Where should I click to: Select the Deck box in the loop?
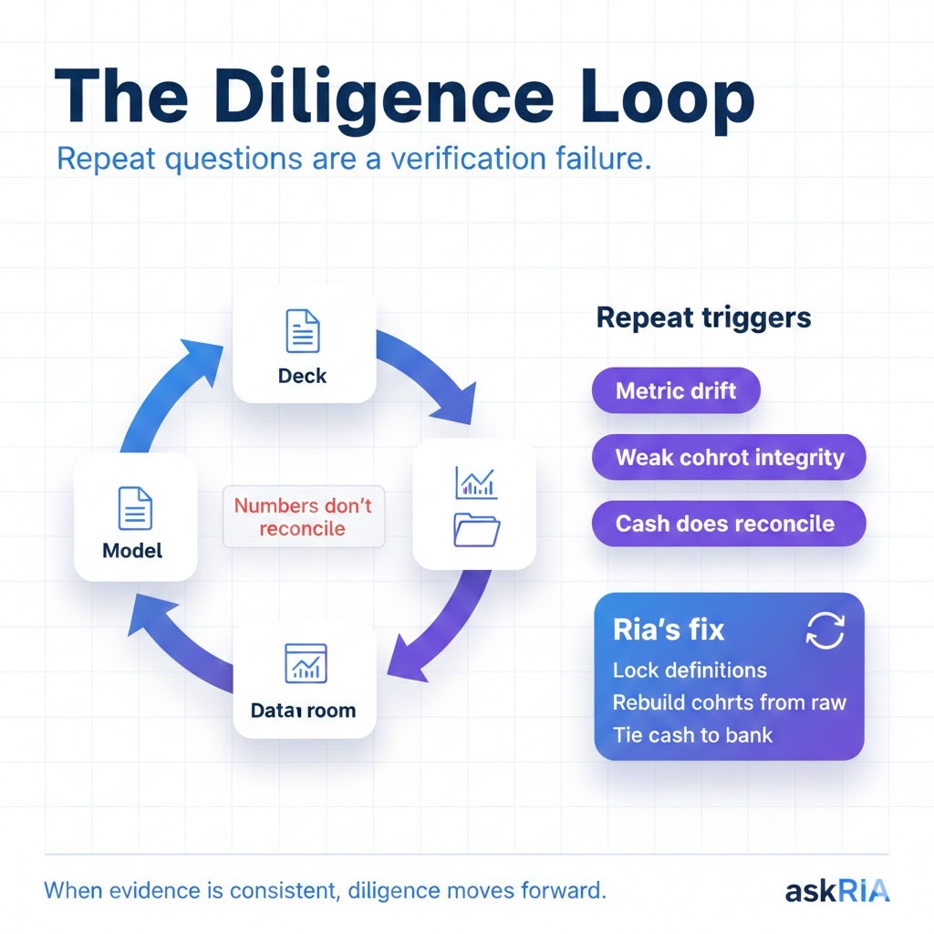(304, 345)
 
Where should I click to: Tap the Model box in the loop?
(135, 518)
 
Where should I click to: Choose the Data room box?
(304, 679)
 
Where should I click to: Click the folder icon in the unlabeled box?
(476, 530)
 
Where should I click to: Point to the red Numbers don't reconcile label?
(303, 516)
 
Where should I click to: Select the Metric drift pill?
(675, 392)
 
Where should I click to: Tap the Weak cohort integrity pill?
(729, 457)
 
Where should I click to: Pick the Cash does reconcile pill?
(724, 524)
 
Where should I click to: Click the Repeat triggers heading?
(703, 318)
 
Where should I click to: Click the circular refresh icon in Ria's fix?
(825, 630)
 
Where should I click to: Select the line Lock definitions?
(690, 670)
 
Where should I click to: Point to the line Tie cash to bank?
(692, 734)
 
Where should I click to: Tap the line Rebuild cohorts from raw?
(729, 702)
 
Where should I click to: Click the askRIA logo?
(836, 890)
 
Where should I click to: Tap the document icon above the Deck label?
(303, 331)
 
